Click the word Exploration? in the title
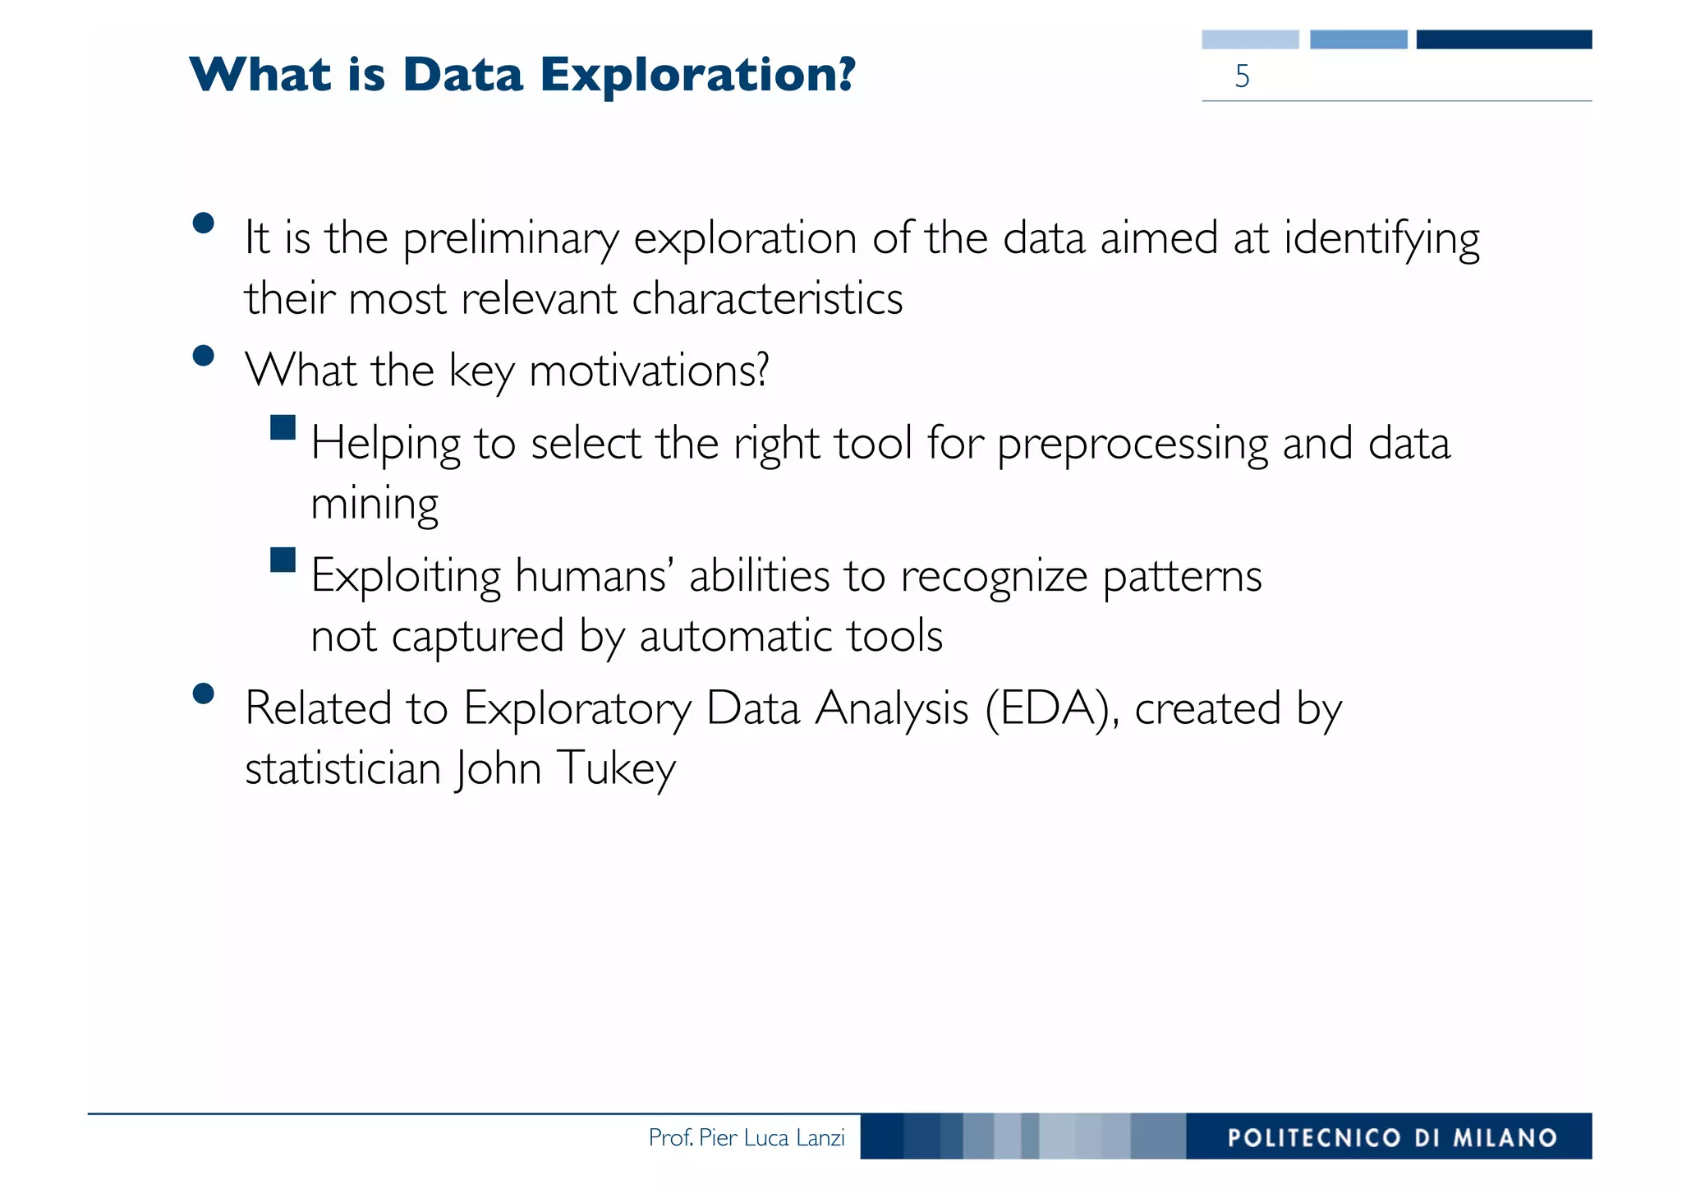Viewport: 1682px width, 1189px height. (x=697, y=76)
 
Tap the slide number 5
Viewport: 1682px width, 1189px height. (x=1242, y=76)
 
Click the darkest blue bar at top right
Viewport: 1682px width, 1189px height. (x=1504, y=39)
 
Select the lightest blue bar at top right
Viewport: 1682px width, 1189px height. (x=1250, y=39)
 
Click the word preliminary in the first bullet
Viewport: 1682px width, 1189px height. (x=510, y=240)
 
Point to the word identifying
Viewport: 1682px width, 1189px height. (x=1381, y=240)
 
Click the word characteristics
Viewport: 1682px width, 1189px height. (x=767, y=298)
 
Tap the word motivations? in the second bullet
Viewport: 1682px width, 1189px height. (x=649, y=371)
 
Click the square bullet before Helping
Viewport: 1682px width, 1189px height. (x=283, y=427)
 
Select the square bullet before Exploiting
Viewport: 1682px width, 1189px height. (x=283, y=560)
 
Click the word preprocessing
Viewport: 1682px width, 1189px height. (x=1133, y=445)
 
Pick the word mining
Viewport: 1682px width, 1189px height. (x=375, y=505)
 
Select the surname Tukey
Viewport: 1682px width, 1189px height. (x=616, y=769)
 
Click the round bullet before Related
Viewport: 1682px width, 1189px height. (x=203, y=694)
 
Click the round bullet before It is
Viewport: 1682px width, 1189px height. (x=203, y=224)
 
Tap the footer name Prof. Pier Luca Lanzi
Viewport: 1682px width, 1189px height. (x=746, y=1138)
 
